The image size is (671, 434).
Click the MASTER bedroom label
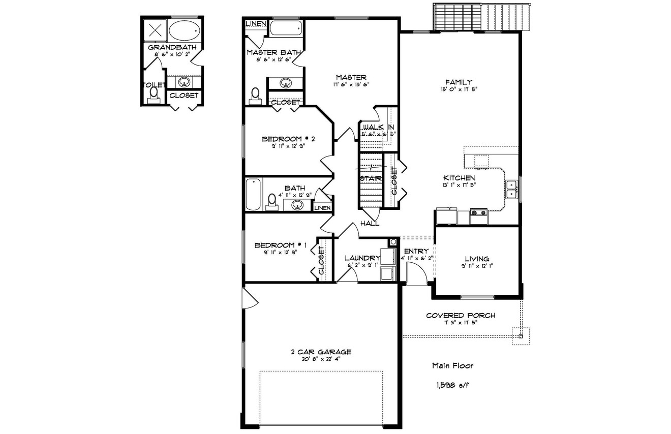(x=351, y=77)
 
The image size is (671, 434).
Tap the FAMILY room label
(x=459, y=82)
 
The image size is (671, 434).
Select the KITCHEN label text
(x=459, y=178)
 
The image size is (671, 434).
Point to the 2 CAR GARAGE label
(x=321, y=352)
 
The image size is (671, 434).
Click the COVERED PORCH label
(x=461, y=316)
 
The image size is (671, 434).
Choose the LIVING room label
(x=477, y=259)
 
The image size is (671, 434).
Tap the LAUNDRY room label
(x=362, y=258)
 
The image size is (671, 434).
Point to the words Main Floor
(x=453, y=365)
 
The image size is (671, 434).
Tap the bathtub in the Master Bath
(x=286, y=27)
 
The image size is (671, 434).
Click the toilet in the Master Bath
(x=256, y=95)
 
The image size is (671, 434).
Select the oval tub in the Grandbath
(x=184, y=32)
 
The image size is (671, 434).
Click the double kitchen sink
(x=511, y=189)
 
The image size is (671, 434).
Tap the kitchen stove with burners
(x=478, y=216)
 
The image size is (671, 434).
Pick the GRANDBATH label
(x=172, y=47)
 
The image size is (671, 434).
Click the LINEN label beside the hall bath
(x=322, y=208)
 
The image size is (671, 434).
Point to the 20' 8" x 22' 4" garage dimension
(x=321, y=359)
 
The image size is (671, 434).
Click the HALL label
(x=370, y=224)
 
